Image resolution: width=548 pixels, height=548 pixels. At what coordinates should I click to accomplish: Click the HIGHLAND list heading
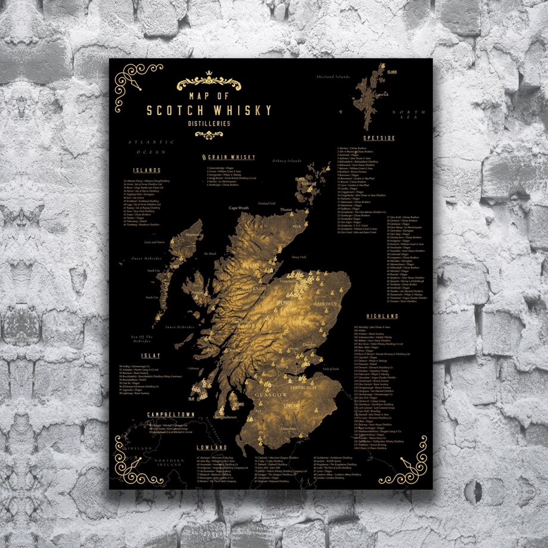point(382,316)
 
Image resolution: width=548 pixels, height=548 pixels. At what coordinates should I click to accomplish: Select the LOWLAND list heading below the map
point(211,447)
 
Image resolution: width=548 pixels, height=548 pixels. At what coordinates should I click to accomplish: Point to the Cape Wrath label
point(239,208)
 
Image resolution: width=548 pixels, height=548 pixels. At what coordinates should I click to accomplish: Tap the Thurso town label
point(287,210)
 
